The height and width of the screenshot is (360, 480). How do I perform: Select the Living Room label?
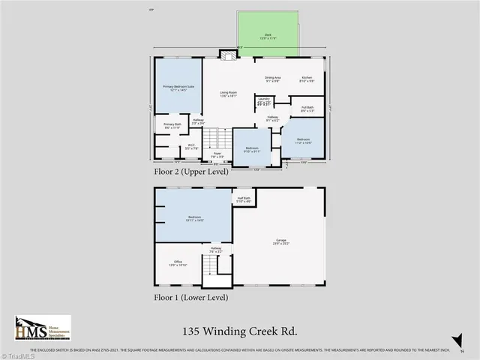[228, 94]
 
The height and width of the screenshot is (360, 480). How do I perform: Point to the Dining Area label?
[272, 79]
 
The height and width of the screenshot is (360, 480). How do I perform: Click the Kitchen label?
[307, 79]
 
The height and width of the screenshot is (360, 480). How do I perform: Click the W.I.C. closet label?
[191, 147]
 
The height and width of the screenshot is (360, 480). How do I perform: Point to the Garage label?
[280, 243]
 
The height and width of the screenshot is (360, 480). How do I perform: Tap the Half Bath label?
[244, 199]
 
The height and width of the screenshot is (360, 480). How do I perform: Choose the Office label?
[173, 264]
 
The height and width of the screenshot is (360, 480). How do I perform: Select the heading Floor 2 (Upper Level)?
[192, 172]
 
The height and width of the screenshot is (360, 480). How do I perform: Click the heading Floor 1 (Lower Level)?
[191, 297]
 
